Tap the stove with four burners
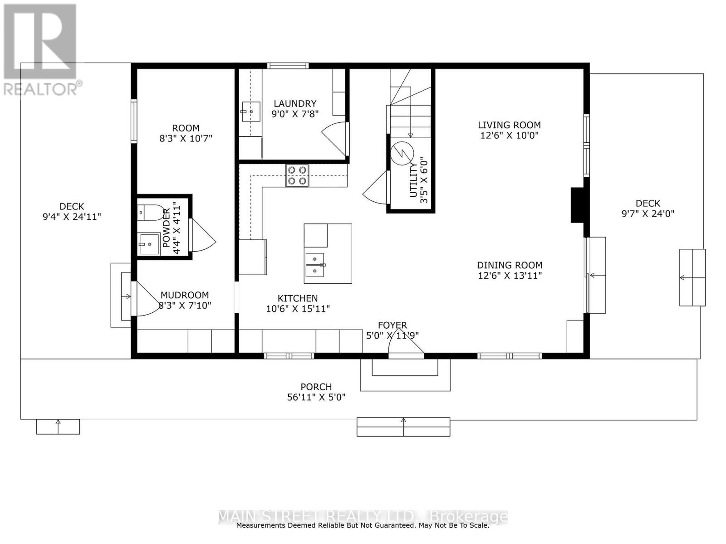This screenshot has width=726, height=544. coord(297,175)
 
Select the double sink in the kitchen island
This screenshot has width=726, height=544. coord(315,265)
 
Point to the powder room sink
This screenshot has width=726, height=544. coord(149,244)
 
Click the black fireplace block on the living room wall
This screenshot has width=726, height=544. coord(577,205)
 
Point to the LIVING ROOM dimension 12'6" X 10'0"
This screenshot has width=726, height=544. coord(509,135)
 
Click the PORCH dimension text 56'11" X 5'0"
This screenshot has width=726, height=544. coord(316,397)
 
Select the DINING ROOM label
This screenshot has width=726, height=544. coord(510,265)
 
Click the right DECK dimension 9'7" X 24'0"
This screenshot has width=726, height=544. coord(648,214)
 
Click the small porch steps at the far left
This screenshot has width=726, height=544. coord(58,427)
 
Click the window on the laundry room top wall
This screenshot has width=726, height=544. coord(288,66)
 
